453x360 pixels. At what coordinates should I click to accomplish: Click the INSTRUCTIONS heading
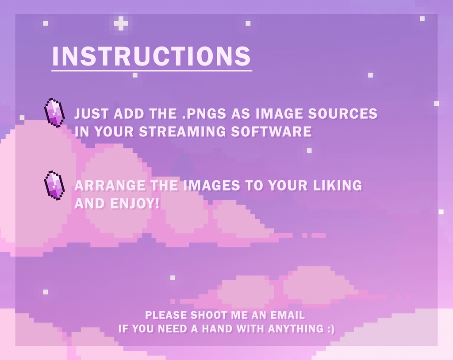pyautogui.click(x=151, y=56)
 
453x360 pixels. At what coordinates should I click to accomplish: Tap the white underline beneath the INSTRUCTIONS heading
pyautogui.click(x=151, y=70)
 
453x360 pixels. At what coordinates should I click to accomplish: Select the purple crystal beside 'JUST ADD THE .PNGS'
pyautogui.click(x=54, y=112)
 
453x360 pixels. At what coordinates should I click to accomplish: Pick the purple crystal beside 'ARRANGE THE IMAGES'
pyautogui.click(x=54, y=185)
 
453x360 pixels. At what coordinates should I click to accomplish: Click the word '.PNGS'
pyautogui.click(x=205, y=114)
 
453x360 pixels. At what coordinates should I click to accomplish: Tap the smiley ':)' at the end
pyautogui.click(x=330, y=329)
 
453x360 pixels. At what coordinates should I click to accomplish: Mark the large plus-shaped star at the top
pyautogui.click(x=120, y=23)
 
